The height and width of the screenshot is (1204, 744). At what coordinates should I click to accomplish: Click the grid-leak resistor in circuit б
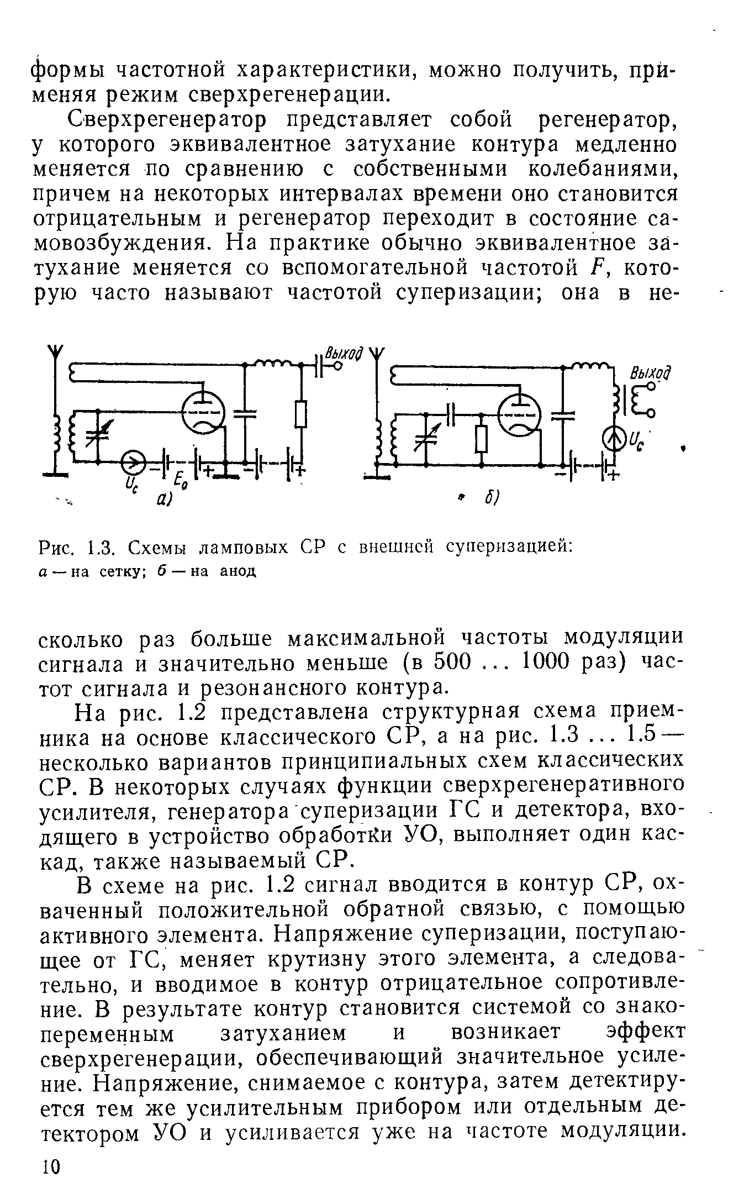click(x=482, y=439)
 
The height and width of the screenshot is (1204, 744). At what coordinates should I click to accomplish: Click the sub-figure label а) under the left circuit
click(x=164, y=501)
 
